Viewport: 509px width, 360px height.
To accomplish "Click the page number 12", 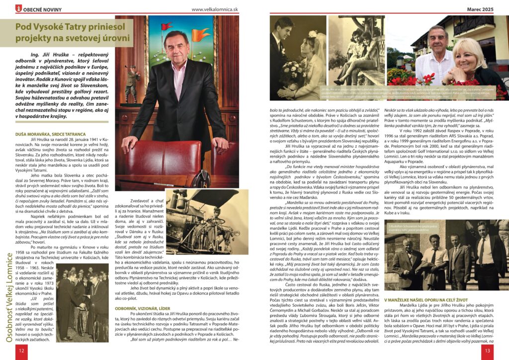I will [x=20, y=350].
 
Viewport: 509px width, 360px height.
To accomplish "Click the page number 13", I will [x=488, y=350].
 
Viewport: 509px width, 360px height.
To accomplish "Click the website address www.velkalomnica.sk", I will [x=215, y=8].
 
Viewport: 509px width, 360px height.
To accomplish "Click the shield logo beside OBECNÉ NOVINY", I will [x=19, y=8].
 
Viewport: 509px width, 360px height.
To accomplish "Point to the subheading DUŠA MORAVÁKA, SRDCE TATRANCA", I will [x=47, y=134].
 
